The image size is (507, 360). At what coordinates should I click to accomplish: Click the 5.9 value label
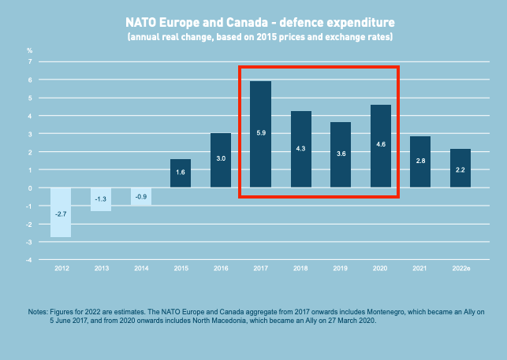(x=260, y=133)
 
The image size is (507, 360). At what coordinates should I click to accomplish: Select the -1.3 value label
(x=101, y=199)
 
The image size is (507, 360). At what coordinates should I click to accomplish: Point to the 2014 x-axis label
(x=140, y=269)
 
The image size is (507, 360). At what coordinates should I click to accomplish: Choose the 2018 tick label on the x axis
(x=300, y=269)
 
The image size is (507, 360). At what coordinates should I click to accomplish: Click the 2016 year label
(x=221, y=269)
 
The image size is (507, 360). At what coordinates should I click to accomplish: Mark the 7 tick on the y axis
(x=30, y=61)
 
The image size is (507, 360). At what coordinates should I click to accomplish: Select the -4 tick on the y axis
(x=29, y=260)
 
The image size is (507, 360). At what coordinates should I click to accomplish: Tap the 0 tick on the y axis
(x=30, y=187)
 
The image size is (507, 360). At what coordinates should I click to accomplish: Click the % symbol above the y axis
(x=30, y=50)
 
